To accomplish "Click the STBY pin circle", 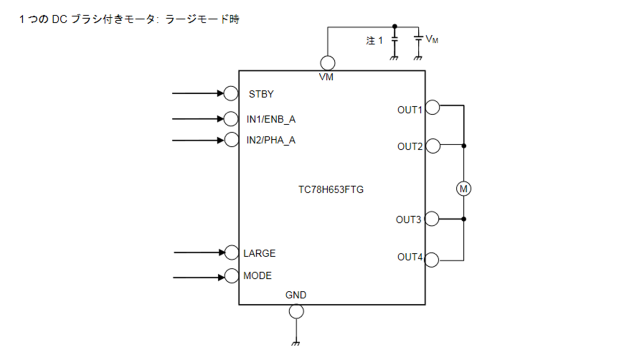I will [231, 93].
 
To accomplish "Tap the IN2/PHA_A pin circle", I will [231, 140].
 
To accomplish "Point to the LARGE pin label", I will [259, 253].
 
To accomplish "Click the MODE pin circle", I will [231, 275].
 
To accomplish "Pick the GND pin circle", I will [296, 311].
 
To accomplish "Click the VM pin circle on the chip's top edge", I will [327, 63].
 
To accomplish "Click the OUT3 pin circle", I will [431, 219].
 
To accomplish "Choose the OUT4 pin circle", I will [432, 259].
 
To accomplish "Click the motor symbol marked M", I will [464, 188].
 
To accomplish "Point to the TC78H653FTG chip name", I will [330, 190].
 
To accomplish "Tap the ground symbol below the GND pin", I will [296, 343].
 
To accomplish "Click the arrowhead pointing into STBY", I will [220, 93].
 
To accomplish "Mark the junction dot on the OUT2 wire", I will [464, 146].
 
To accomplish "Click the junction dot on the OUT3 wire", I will [464, 219].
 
